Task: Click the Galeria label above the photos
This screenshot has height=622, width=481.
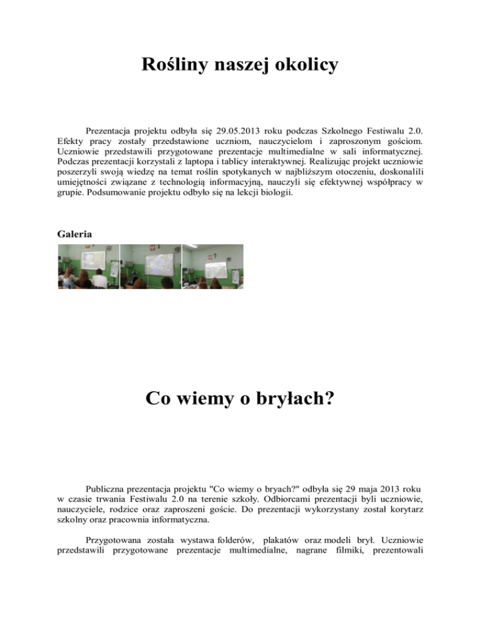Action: [75, 233]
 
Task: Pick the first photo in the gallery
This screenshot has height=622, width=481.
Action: [88, 267]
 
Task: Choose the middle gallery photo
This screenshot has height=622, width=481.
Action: [150, 267]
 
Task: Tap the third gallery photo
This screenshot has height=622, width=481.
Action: [212, 267]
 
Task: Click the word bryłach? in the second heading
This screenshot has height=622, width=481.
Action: [297, 399]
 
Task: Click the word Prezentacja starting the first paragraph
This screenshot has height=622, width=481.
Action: [111, 131]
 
